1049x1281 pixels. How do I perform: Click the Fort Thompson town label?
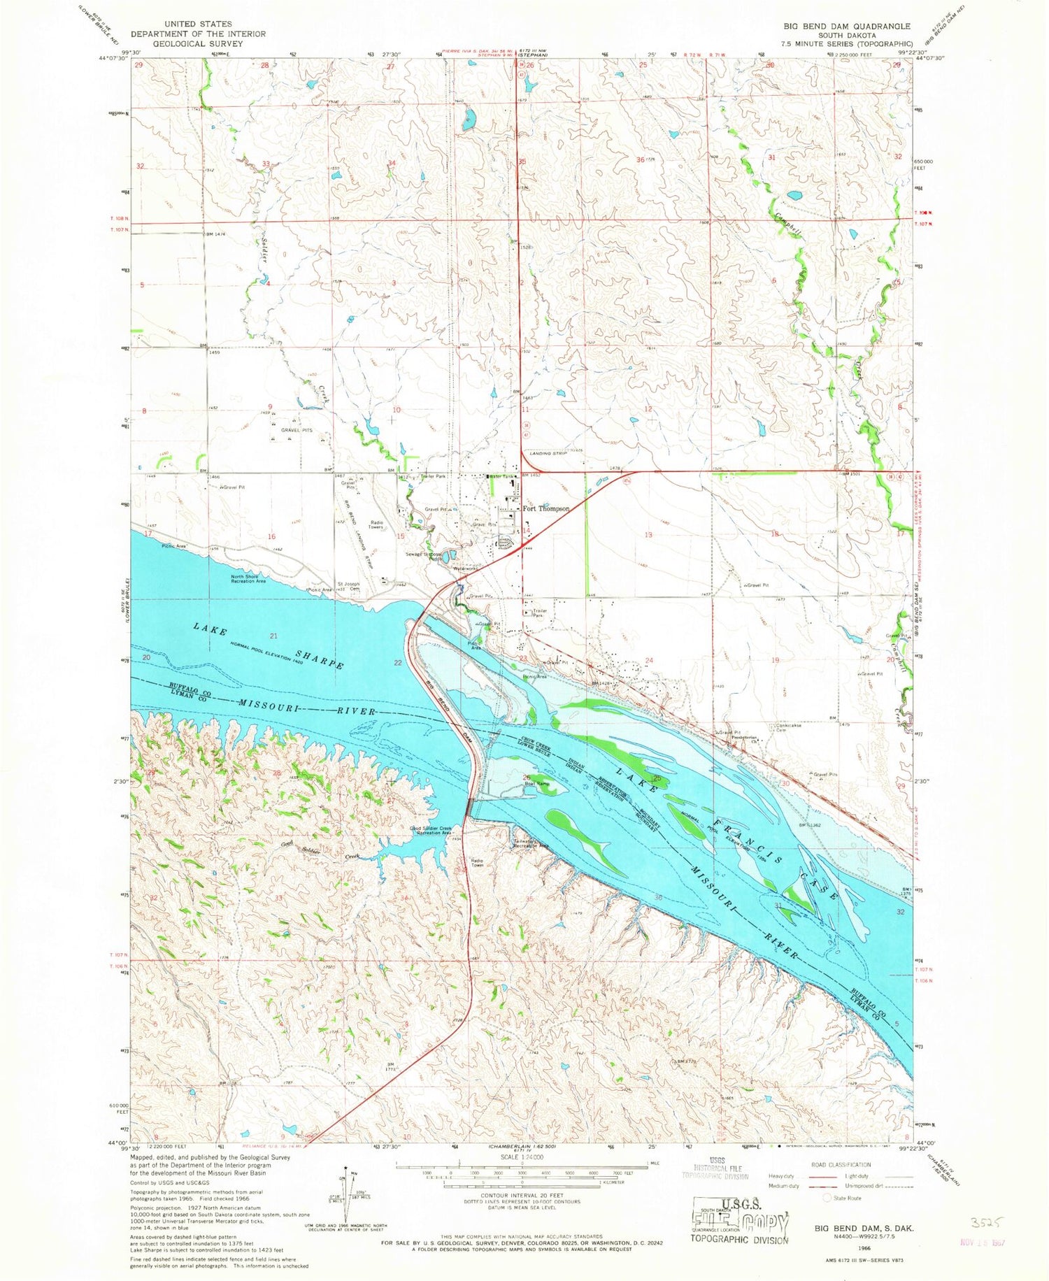tap(546, 509)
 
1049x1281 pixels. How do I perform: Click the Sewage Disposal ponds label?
tap(425, 556)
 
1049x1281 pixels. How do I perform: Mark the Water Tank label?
tap(502, 476)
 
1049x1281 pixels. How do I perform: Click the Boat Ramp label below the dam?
tap(537, 783)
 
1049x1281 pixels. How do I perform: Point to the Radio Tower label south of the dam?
tap(477, 863)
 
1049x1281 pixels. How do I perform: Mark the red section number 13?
tap(648, 535)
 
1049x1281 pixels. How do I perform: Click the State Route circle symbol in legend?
tap(827, 1198)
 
